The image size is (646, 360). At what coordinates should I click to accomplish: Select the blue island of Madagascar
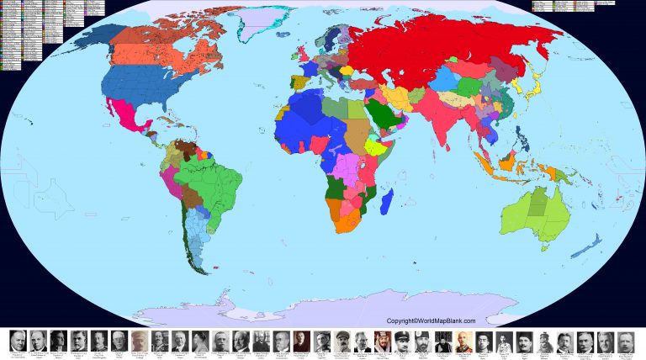click(x=388, y=202)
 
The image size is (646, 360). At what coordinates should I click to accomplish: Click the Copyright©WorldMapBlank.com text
click(x=431, y=320)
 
